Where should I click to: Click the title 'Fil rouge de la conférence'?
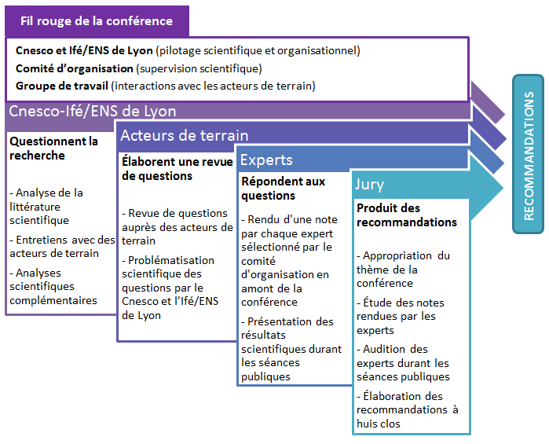click(x=97, y=21)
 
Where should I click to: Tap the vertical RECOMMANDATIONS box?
click(x=528, y=154)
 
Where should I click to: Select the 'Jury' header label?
click(x=369, y=185)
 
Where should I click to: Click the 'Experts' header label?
click(x=266, y=160)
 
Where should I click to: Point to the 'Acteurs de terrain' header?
click(x=184, y=136)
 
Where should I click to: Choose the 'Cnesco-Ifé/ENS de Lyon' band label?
click(x=93, y=112)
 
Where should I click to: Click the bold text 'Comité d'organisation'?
click(x=75, y=68)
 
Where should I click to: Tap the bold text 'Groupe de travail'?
click(x=61, y=86)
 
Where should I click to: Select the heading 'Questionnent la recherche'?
click(x=53, y=149)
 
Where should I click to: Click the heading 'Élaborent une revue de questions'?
click(x=178, y=168)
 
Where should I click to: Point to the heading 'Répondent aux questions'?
click(x=284, y=188)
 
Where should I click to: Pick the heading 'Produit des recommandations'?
click(x=407, y=215)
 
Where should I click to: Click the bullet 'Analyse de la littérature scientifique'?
click(x=46, y=207)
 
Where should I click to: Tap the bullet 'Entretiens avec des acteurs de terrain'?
click(x=62, y=246)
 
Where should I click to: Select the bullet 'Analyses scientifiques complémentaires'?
click(x=53, y=286)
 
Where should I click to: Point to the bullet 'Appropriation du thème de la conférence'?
click(x=404, y=269)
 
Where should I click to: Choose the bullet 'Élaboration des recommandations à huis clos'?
click(x=408, y=409)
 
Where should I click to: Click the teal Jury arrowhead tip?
click(x=503, y=188)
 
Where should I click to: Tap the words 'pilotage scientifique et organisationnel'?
click(x=258, y=51)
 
